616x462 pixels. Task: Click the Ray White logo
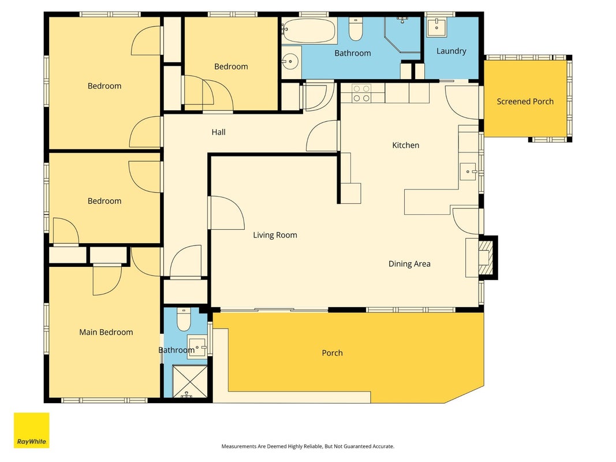[x=31, y=430]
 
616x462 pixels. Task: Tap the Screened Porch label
[x=525, y=102]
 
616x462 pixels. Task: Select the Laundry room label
[x=451, y=51]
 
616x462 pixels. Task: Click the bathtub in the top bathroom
[x=309, y=31]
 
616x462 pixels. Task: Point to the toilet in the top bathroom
[x=356, y=29]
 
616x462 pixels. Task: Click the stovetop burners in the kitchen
[x=361, y=94]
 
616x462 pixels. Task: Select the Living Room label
[x=275, y=235]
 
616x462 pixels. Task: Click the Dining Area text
[x=409, y=263]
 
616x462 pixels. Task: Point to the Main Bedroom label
[x=106, y=332]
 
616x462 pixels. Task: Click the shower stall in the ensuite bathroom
[x=190, y=382]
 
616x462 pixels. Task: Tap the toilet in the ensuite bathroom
[x=184, y=319]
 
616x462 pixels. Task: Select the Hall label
[x=218, y=132]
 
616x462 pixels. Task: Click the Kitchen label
[x=405, y=146]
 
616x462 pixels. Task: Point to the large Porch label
[x=332, y=353]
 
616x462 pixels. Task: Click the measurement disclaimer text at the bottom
[x=308, y=446]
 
